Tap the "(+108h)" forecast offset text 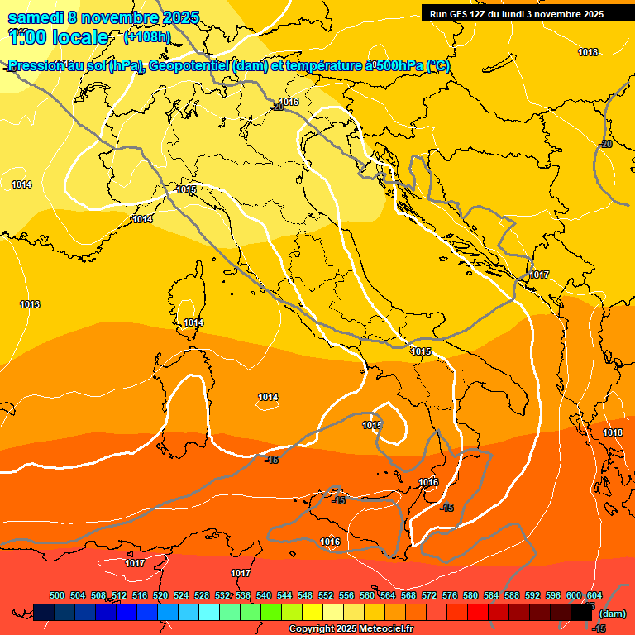coord(146,36)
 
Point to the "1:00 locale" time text coord(59,37)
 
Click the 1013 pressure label coord(30,305)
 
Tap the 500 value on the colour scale coord(58,595)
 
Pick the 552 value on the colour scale coord(327,595)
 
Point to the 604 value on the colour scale coord(594,595)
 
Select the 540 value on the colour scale coord(265,595)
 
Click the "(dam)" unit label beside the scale coord(612,614)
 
